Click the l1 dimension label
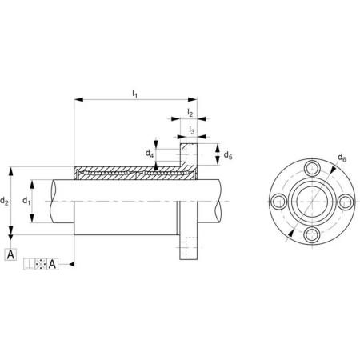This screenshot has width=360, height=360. [135, 94]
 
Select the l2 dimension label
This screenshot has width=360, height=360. [190, 113]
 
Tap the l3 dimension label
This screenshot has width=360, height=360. [192, 130]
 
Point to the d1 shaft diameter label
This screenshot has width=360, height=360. [26, 201]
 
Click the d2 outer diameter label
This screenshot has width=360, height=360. [4, 201]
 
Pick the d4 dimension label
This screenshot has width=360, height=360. [150, 154]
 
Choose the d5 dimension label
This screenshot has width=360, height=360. [228, 154]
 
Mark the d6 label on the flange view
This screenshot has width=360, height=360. [342, 158]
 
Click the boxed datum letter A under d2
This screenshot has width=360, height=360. [10, 254]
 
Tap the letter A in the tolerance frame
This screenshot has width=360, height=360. [52, 264]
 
